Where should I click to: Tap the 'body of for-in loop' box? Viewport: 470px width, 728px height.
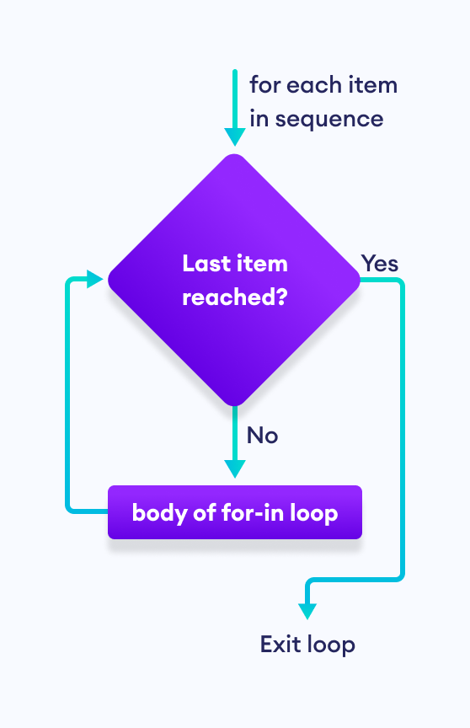click(x=234, y=512)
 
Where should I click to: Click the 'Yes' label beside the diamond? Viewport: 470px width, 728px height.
click(x=380, y=263)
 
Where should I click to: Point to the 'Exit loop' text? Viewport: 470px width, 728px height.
click(x=307, y=645)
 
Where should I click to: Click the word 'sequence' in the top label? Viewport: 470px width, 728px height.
click(x=329, y=119)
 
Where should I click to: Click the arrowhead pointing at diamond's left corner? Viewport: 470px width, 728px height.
click(x=98, y=278)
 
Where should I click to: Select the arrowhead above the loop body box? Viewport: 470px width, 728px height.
click(x=234, y=468)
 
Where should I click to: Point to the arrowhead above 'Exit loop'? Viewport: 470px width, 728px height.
click(x=308, y=610)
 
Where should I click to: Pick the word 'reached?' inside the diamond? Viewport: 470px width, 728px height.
click(x=234, y=297)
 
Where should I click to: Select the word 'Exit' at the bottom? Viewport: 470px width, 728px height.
click(x=280, y=645)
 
